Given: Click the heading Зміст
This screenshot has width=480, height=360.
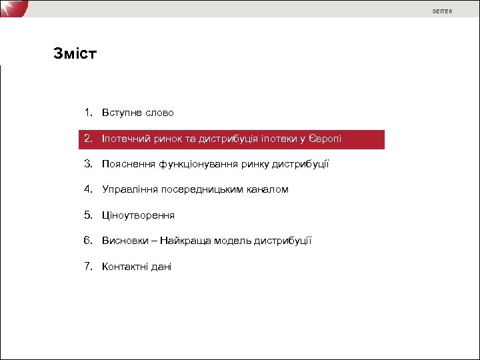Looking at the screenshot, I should [75, 53].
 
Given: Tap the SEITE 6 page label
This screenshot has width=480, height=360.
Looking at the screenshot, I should [442, 11].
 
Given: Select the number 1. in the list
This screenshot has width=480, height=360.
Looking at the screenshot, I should [89, 113].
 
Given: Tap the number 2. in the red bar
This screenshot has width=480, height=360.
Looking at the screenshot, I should [89, 139].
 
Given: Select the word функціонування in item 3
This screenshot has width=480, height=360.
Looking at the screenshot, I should [195, 164].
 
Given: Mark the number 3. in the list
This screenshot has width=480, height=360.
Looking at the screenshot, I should [89, 164].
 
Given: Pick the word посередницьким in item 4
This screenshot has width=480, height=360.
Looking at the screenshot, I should [203, 189].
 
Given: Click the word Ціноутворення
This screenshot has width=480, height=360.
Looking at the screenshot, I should [138, 215].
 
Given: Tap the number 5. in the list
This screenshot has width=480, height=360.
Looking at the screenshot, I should [89, 215].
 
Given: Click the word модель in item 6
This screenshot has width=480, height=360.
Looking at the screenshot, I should [235, 241].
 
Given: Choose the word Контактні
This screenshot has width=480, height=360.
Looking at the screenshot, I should [127, 267].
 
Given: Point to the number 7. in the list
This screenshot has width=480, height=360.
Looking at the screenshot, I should [89, 266].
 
